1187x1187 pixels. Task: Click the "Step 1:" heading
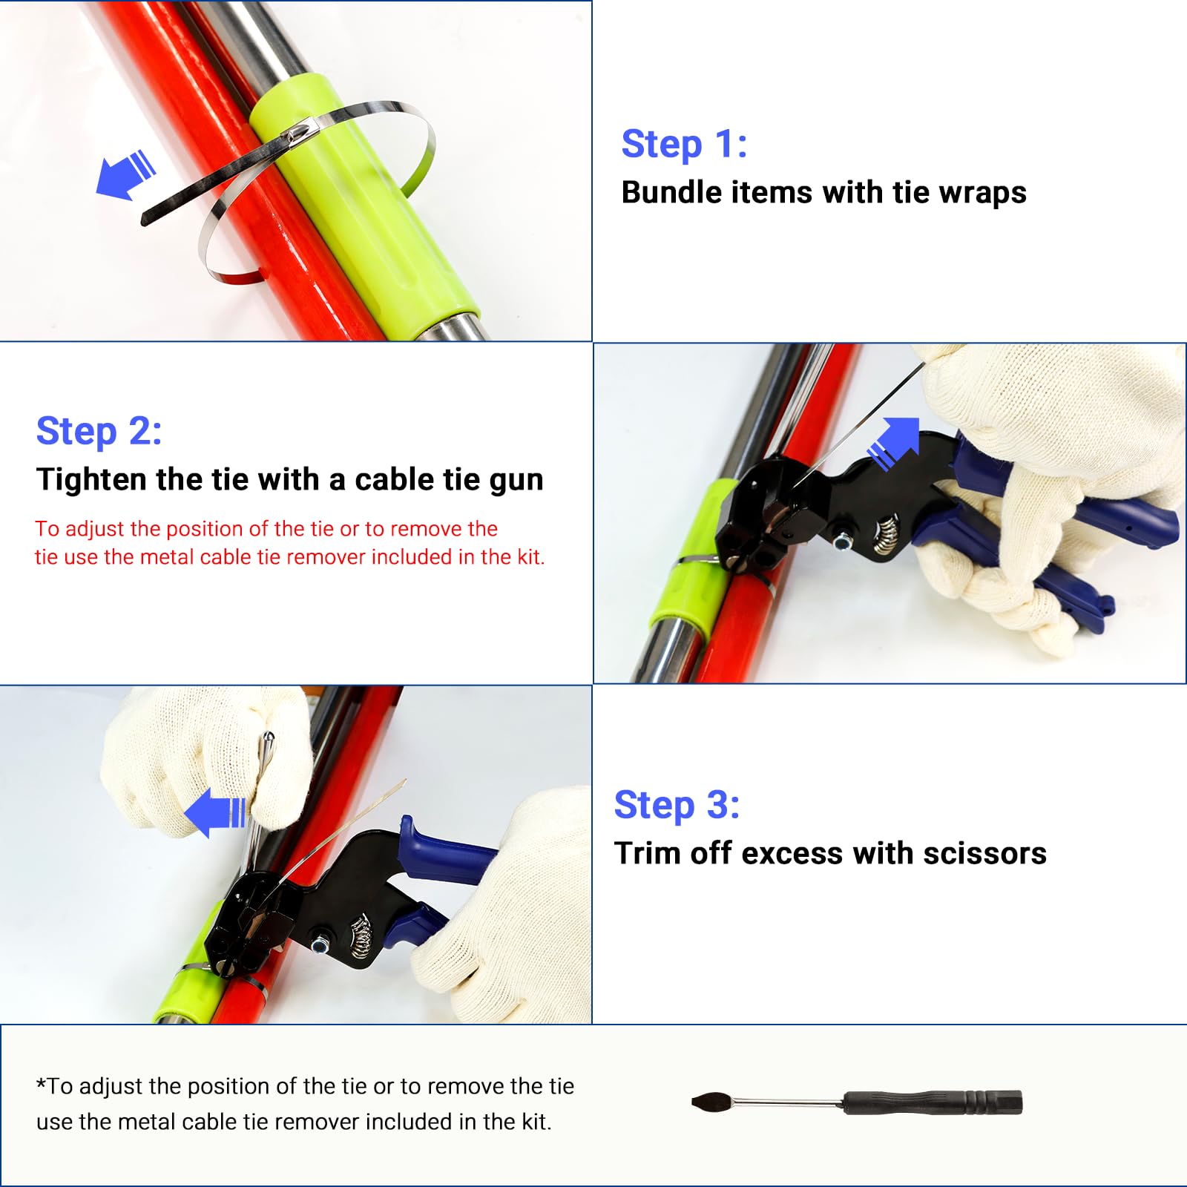(x=684, y=144)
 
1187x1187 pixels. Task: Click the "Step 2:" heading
(x=99, y=432)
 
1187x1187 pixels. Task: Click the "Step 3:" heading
(x=677, y=806)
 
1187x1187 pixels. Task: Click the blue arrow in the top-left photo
(x=126, y=174)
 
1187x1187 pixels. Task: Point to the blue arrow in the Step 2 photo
(x=894, y=443)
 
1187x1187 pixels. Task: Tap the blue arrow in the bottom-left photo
(x=215, y=812)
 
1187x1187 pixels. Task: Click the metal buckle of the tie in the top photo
(x=300, y=134)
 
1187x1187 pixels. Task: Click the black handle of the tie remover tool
(x=933, y=1102)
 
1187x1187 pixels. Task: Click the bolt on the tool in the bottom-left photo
(x=320, y=945)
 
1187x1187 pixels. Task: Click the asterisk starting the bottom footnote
(x=41, y=1083)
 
